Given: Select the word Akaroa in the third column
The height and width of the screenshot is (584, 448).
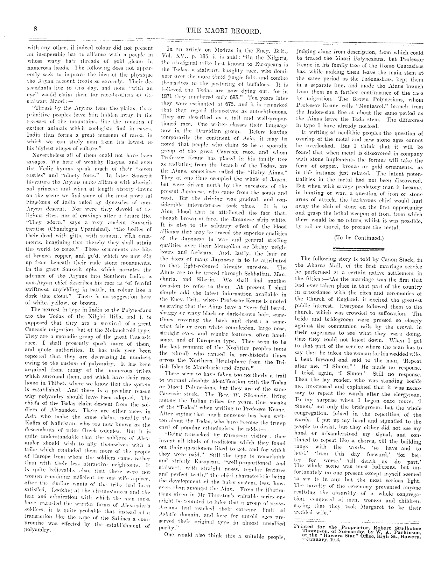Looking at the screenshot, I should click(x=322, y=265).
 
